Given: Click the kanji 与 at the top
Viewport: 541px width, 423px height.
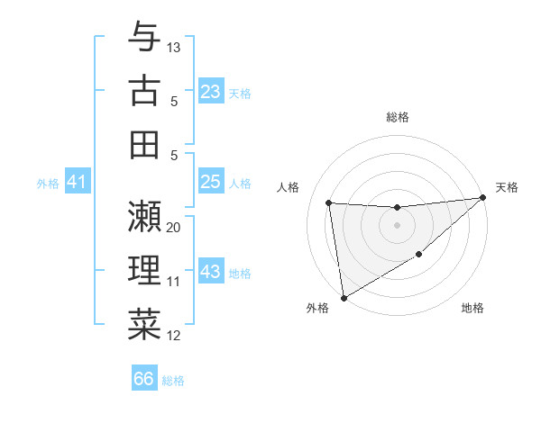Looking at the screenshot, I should tap(144, 37).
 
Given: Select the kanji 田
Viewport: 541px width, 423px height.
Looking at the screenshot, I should tap(144, 144).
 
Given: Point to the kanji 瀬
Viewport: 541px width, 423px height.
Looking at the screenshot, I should tap(144, 216).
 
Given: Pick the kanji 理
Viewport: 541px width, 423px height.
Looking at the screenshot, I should tap(144, 270).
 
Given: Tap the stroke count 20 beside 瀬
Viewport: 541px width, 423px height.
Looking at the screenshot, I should tap(174, 228).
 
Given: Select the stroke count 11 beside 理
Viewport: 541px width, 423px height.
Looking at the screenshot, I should tap(174, 282).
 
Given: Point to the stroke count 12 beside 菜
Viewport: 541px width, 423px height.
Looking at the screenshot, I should tap(174, 336).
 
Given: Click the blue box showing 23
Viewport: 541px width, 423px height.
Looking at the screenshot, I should tap(210, 91).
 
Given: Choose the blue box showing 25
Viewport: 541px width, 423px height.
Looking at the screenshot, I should tap(210, 182).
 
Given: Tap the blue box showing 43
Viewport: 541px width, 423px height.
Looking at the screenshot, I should tap(210, 272).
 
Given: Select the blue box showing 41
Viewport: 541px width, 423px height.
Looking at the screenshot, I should tap(77, 183).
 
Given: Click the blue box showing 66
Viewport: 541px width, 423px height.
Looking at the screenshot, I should tap(144, 379).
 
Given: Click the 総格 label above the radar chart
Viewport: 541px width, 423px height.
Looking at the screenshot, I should tap(398, 117).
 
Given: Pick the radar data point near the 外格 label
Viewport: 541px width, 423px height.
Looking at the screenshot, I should tap(344, 297).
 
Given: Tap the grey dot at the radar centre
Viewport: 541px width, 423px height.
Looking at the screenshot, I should tap(398, 225).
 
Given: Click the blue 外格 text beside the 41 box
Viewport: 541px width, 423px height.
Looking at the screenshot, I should tap(48, 184).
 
